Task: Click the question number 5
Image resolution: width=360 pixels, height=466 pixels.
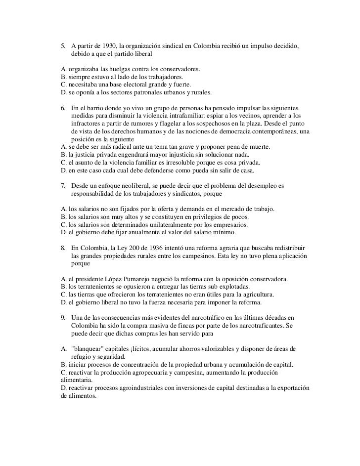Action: pyautogui.click(x=62, y=45)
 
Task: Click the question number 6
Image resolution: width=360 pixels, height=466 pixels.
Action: pyautogui.click(x=62, y=108)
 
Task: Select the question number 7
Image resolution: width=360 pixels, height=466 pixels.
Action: pyautogui.click(x=62, y=186)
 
